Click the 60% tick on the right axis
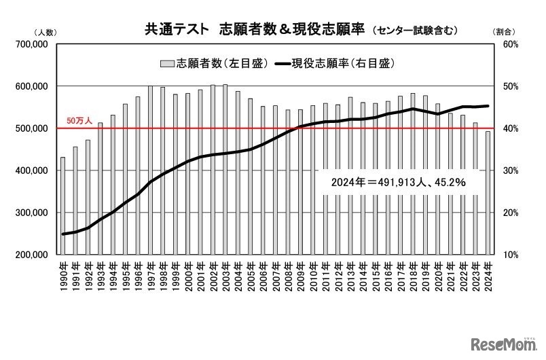pyautogui.click(x=511, y=44)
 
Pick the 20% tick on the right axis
pyautogui.click(x=511, y=213)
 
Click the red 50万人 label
pyautogui.click(x=78, y=121)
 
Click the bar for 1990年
pyautogui.click(x=63, y=206)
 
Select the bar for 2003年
pyautogui.click(x=225, y=169)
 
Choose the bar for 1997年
pyautogui.click(x=150, y=170)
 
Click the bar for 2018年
pyautogui.click(x=412, y=173)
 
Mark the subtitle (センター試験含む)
pyautogui.click(x=415, y=31)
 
